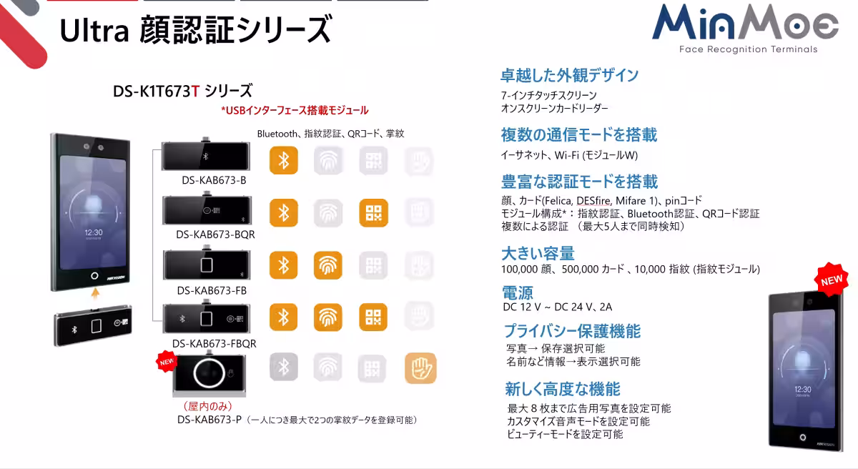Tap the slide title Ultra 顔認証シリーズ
click(x=195, y=31)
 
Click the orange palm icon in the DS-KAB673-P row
click(x=420, y=368)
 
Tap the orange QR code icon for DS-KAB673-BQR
click(x=373, y=213)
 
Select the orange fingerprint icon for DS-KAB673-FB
click(x=328, y=265)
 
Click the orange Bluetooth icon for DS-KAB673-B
click(x=283, y=161)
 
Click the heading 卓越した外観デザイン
click(x=569, y=75)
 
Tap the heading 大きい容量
click(x=538, y=253)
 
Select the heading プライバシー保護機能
click(x=572, y=331)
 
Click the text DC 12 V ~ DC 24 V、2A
click(x=558, y=307)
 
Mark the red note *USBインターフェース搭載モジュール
click(x=295, y=110)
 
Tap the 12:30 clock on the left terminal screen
click(x=93, y=232)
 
